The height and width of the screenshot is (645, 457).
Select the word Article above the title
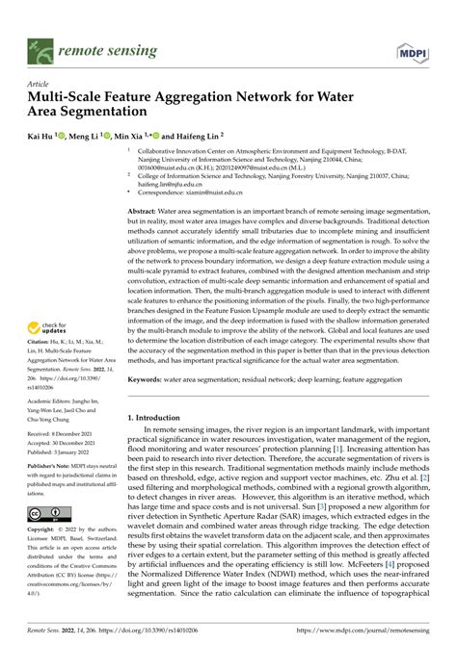[41, 84]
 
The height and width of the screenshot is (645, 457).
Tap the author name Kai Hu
[41, 138]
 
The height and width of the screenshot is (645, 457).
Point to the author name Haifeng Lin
[199, 138]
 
